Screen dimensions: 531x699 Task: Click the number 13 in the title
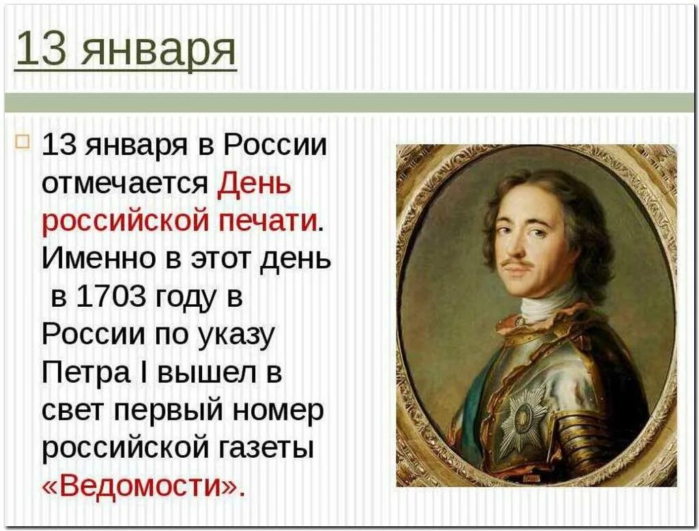tap(39, 50)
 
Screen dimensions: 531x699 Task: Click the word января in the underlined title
tap(158, 51)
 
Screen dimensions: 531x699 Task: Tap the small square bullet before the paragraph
tap(23, 142)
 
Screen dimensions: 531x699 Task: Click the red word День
tap(254, 185)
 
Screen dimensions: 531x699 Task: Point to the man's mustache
tap(518, 263)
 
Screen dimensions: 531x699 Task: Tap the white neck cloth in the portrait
tap(550, 306)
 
